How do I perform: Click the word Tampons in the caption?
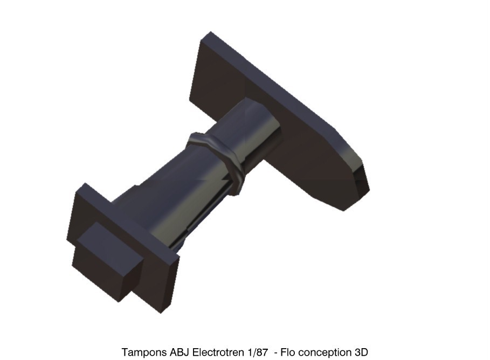144,352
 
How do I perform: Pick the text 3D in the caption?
361,352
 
